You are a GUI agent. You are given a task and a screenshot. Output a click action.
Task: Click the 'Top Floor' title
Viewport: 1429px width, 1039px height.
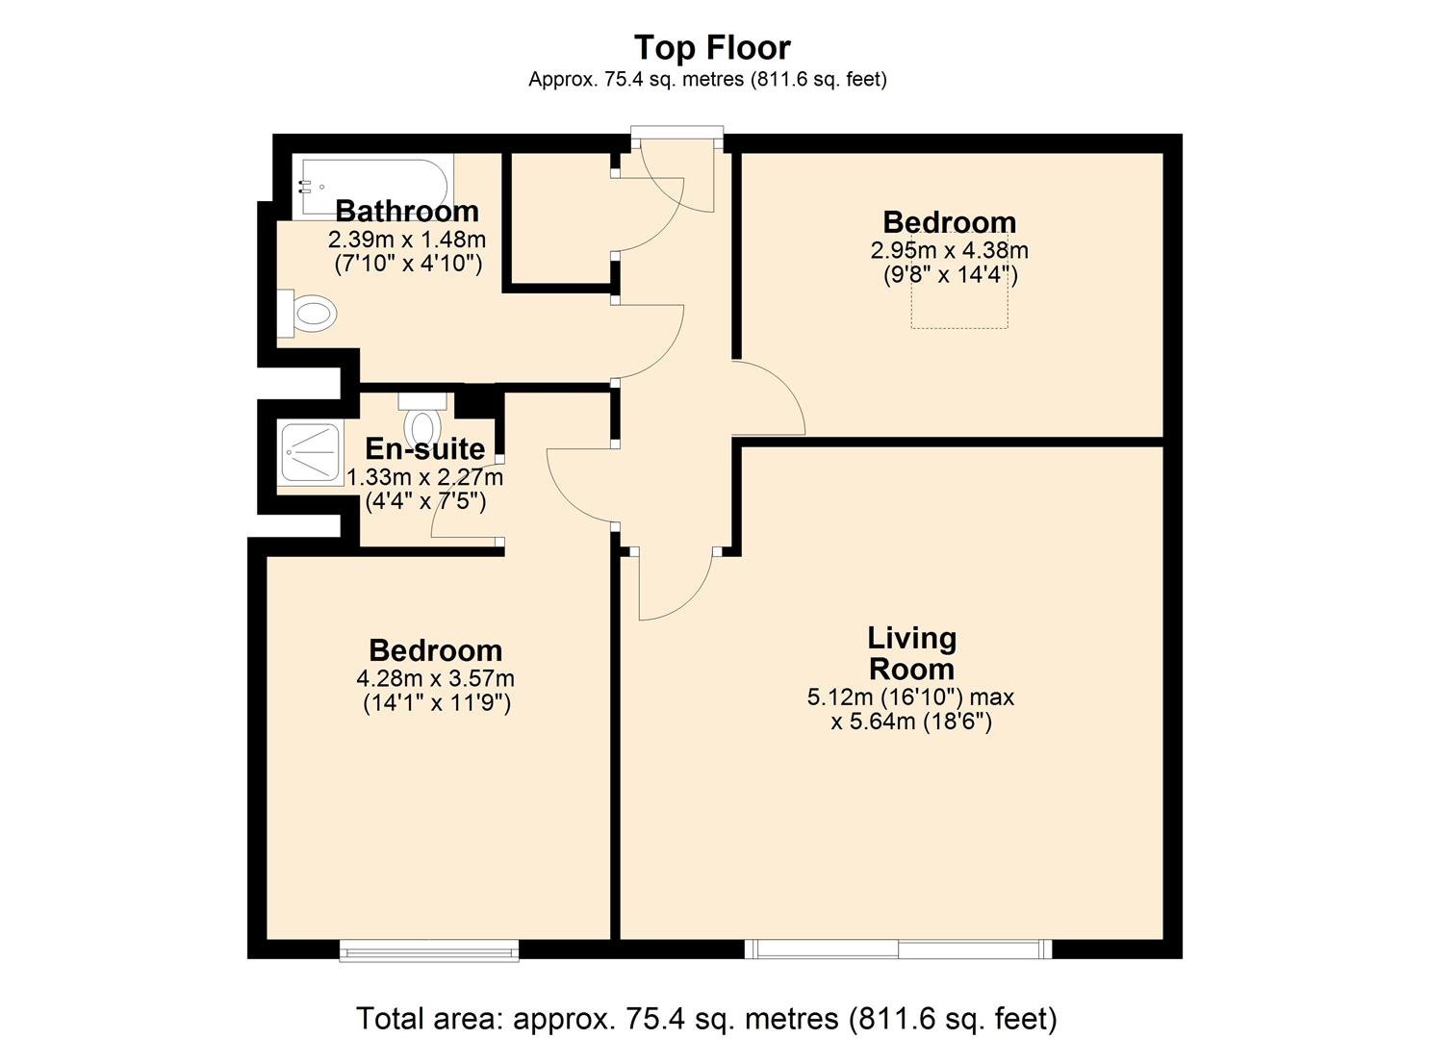click(x=712, y=47)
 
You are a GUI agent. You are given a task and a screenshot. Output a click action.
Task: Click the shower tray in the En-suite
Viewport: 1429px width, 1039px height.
click(x=309, y=451)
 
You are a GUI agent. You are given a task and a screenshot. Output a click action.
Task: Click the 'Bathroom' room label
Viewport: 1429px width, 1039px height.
click(x=406, y=211)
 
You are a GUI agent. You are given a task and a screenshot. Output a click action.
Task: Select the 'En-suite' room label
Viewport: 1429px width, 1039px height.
click(x=424, y=448)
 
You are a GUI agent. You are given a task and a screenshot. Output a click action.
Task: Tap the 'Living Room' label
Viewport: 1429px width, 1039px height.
click(x=910, y=653)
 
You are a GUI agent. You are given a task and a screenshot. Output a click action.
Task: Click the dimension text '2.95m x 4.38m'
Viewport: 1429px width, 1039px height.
click(x=949, y=251)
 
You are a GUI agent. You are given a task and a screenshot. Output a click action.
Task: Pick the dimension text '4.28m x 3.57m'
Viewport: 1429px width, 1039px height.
click(x=435, y=679)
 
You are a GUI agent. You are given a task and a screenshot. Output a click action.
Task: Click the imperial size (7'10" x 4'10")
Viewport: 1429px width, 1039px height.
click(x=407, y=264)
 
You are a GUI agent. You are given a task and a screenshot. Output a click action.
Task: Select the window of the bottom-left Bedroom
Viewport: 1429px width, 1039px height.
click(x=429, y=950)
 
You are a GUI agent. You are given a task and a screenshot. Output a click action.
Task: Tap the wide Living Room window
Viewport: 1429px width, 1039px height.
click(x=898, y=950)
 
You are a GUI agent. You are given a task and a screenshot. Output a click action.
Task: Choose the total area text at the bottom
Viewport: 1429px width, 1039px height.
click(x=706, y=1017)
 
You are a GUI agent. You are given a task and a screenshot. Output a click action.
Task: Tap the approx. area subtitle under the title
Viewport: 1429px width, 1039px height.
click(x=707, y=80)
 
